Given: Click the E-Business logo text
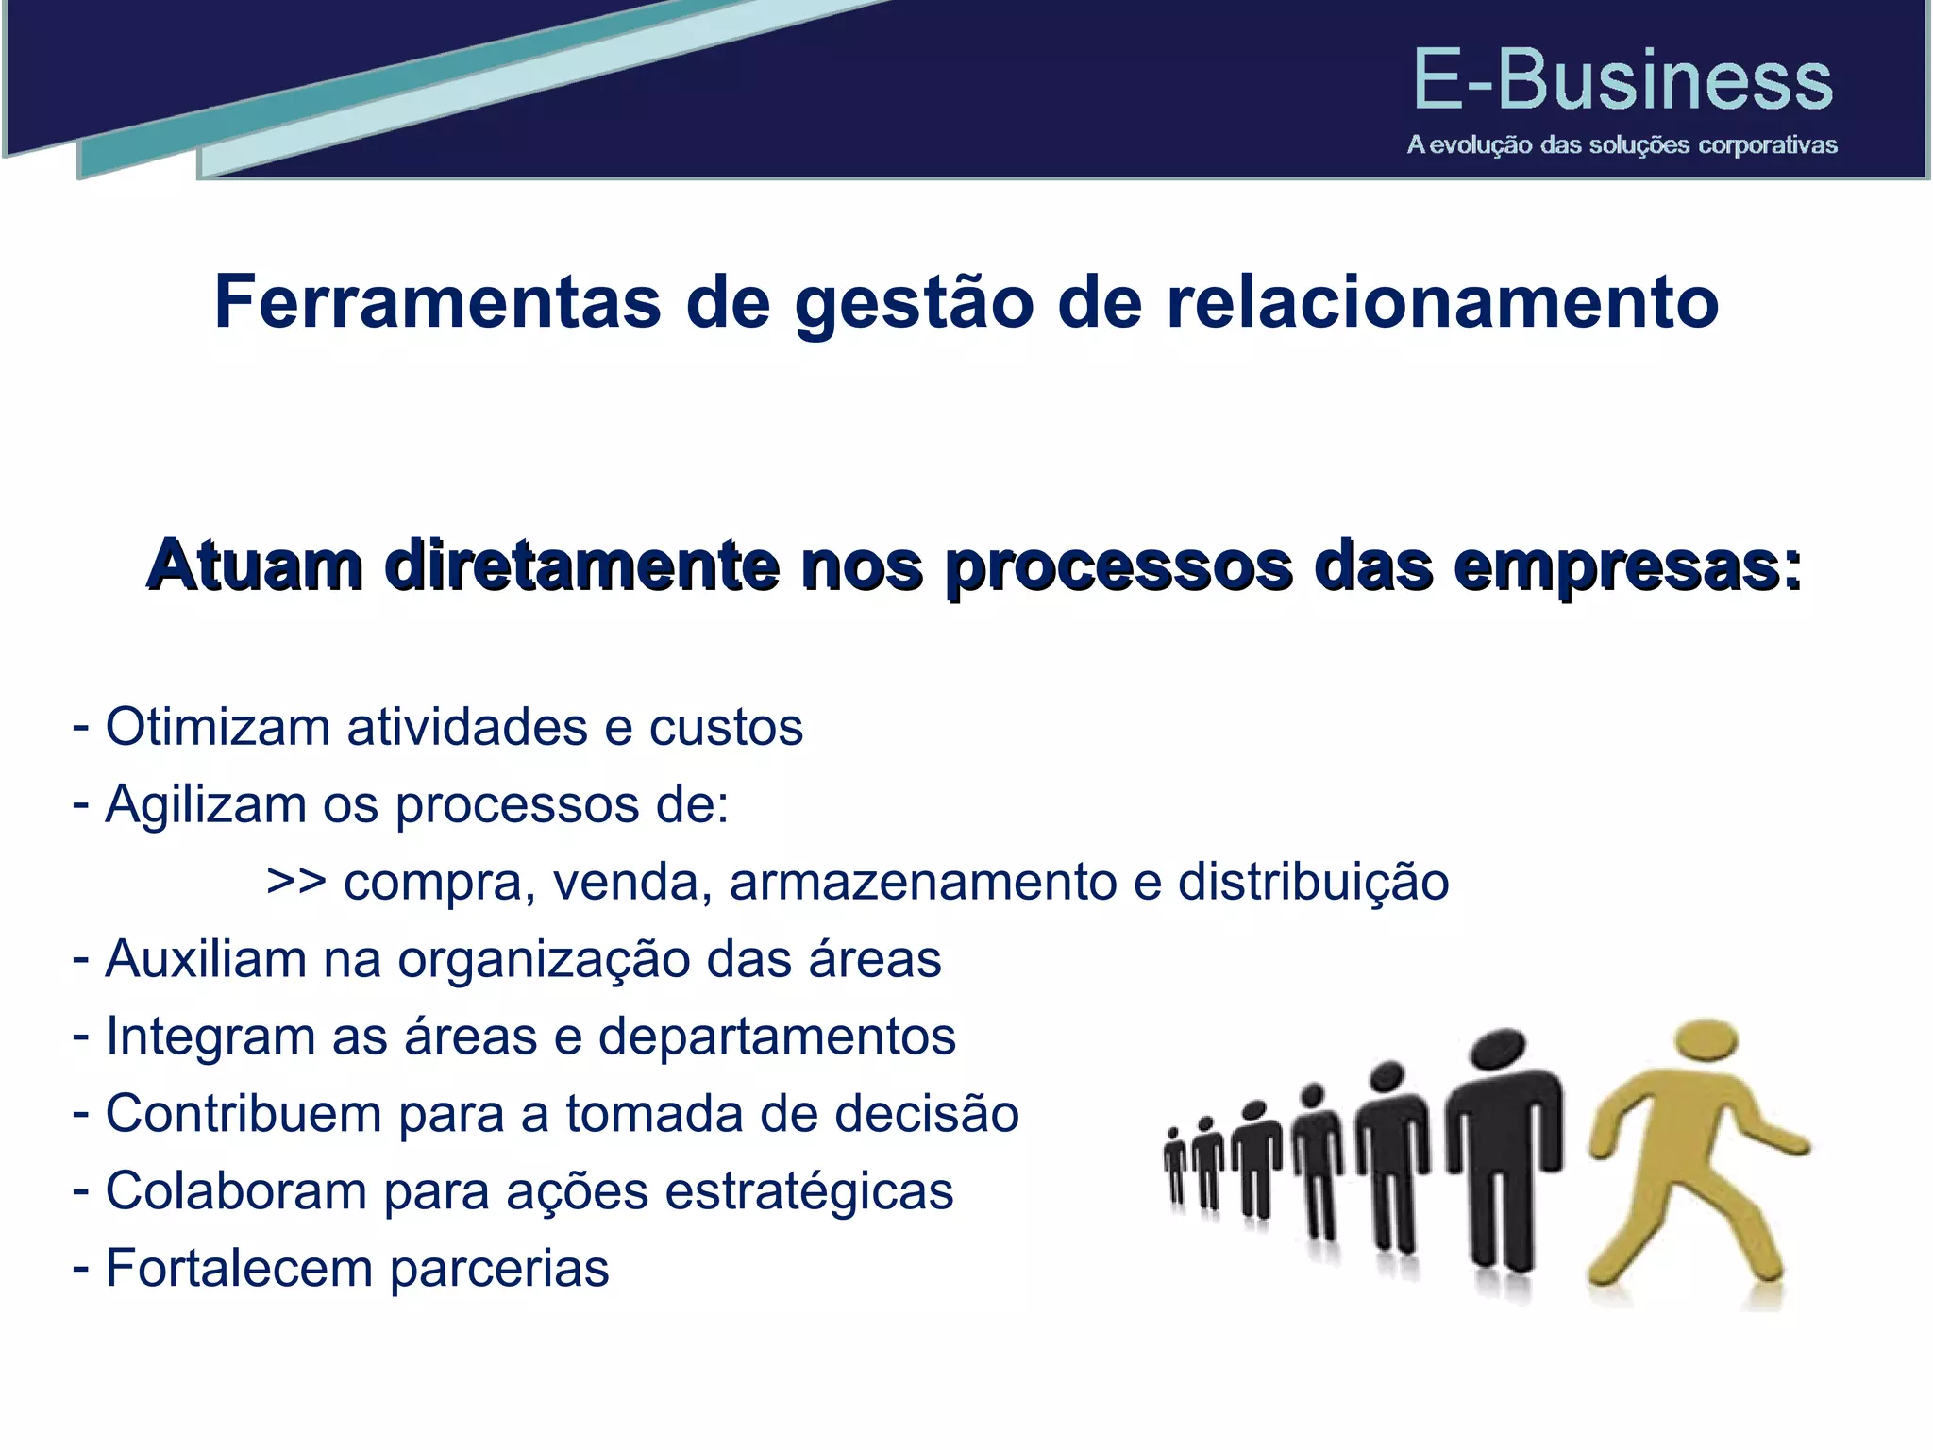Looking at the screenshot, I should tap(1622, 81).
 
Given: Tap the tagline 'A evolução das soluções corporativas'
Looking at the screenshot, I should tap(1622, 145).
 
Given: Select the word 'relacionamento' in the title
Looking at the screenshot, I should tap(1442, 302).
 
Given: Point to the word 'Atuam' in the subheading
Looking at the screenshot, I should tap(255, 566).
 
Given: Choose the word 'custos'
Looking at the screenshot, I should tap(726, 727).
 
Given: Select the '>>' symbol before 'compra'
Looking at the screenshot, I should tap(296, 882).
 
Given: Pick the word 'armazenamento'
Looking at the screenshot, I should tap(923, 882).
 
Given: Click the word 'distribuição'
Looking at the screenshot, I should tap(1313, 882).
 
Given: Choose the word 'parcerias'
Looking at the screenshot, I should tap(499, 1269).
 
